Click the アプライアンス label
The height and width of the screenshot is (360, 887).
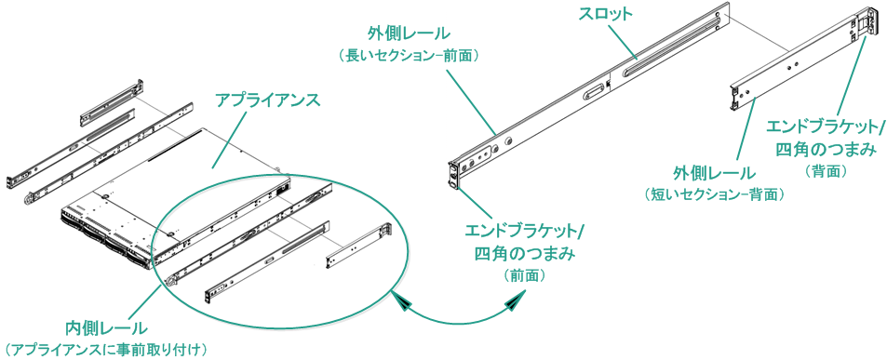tap(268, 99)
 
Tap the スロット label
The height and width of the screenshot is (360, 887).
tap(606, 15)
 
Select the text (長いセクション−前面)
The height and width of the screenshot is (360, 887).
tap(410, 56)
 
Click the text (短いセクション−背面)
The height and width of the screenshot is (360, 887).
tap(714, 194)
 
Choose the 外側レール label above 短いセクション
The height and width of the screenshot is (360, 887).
tap(714, 173)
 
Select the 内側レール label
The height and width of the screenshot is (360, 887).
tap(105, 327)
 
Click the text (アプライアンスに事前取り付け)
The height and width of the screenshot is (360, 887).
tap(105, 349)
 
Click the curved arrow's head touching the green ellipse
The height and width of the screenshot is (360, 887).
tap(403, 300)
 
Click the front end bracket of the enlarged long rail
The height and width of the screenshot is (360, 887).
tap(455, 173)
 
